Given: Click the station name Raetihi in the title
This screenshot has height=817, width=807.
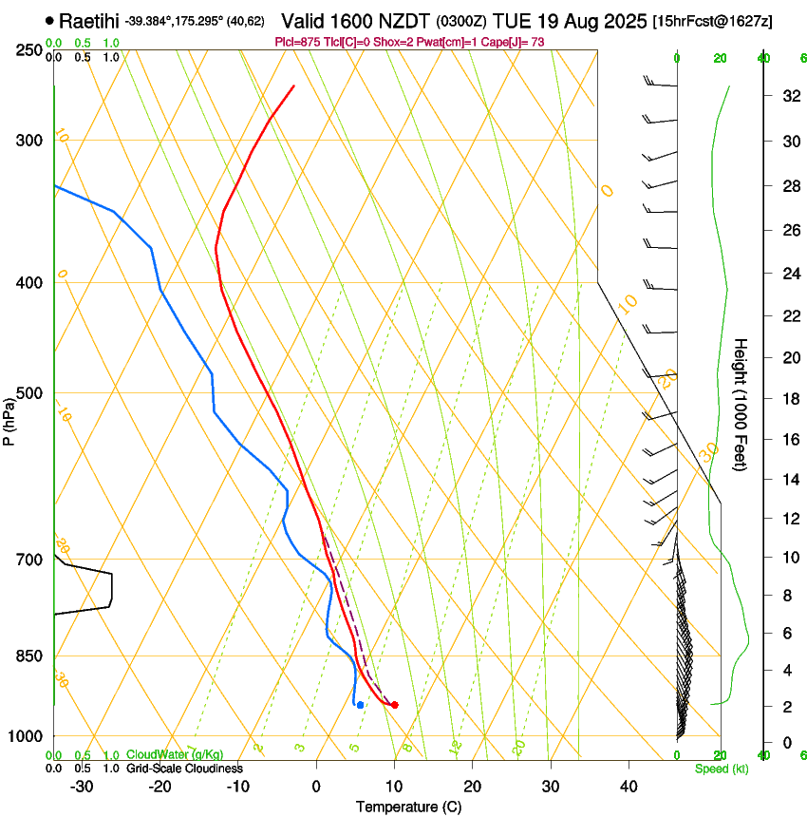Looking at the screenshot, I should point(90,20).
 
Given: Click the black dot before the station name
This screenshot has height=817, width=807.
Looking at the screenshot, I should point(49,20).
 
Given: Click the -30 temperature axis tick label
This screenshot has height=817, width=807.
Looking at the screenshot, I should point(83,786).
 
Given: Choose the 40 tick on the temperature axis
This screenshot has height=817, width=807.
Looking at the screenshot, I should point(628,786).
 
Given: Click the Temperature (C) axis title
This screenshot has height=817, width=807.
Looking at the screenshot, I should point(408,807).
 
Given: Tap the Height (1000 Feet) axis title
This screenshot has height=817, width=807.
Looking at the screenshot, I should point(741,405).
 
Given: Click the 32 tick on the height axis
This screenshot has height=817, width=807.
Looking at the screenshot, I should point(788,96).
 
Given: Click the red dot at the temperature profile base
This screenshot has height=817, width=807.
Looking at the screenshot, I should point(395,705).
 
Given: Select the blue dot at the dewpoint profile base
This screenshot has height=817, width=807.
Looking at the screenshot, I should point(360,705).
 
